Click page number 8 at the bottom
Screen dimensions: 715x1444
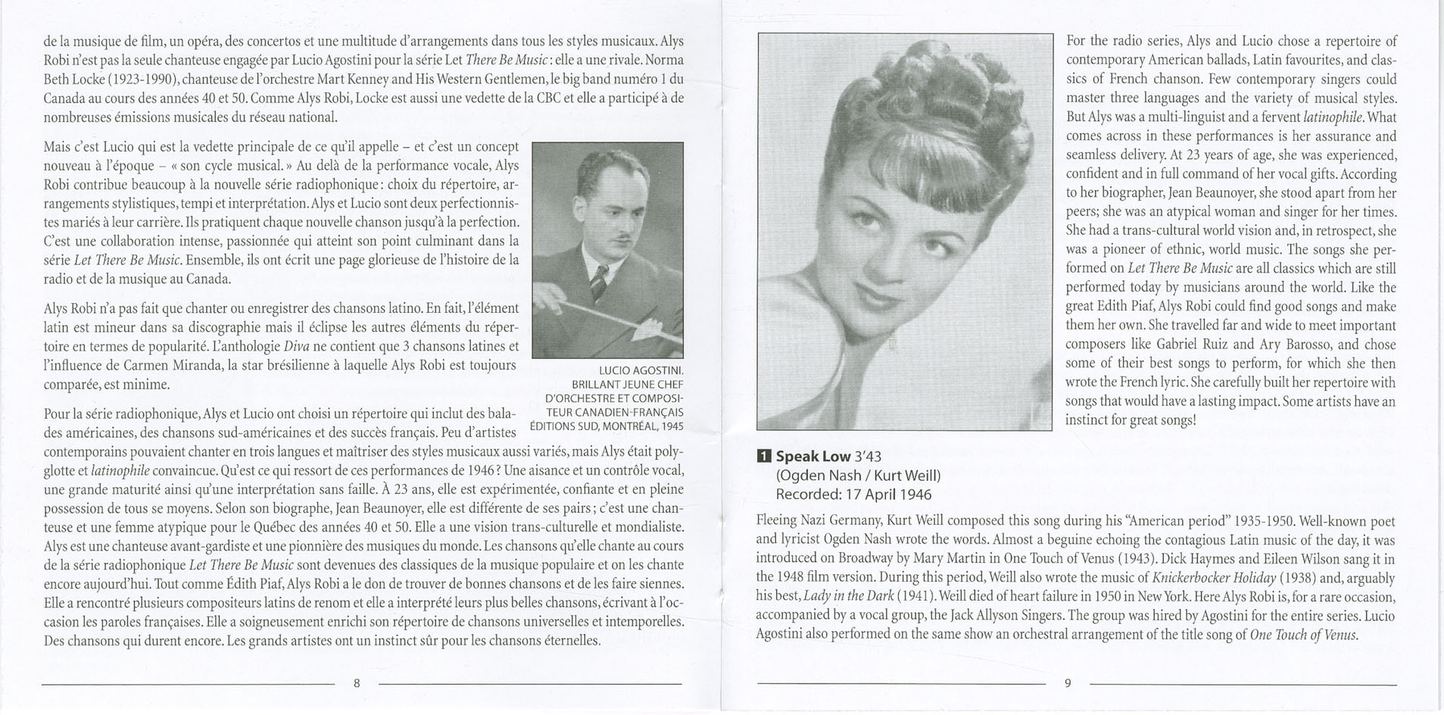357,683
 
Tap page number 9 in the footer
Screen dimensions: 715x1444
1068,683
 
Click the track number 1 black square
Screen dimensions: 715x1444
763,456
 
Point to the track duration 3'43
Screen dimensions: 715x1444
868,456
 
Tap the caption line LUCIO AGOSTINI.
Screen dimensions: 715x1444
641,370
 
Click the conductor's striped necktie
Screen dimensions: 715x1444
598,281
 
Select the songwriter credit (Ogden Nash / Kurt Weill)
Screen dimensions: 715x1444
858,476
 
